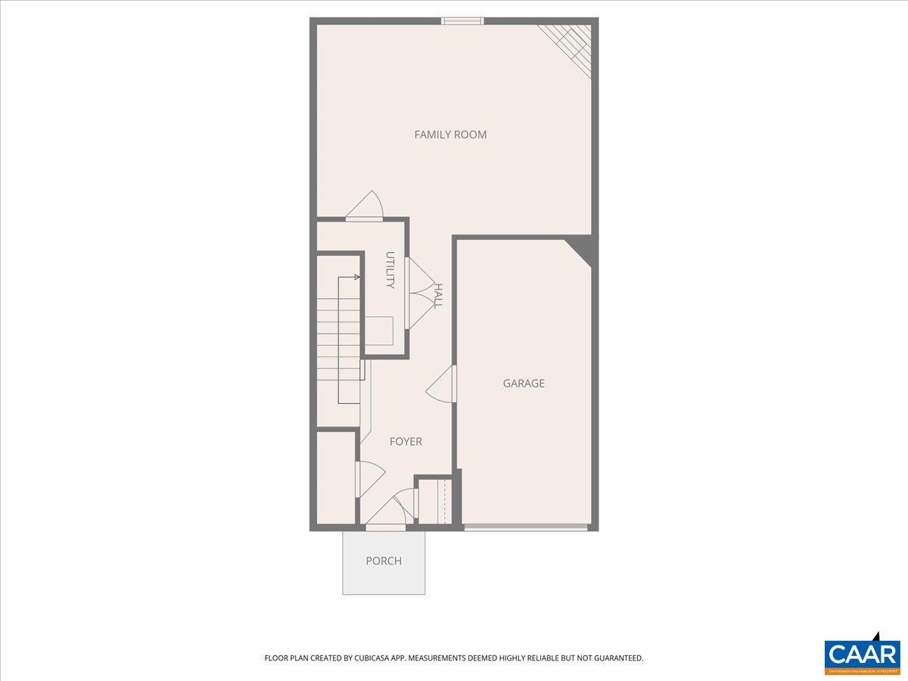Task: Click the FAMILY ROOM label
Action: tap(450, 135)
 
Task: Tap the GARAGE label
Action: tap(524, 384)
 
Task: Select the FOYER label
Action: tap(406, 441)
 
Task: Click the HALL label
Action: tap(438, 296)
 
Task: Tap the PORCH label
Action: tap(384, 561)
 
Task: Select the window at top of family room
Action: tap(462, 20)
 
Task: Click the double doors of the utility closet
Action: tap(416, 294)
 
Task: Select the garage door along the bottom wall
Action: tap(526, 527)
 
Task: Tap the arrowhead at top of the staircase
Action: tap(357, 277)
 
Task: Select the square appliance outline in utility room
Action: tap(380, 331)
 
